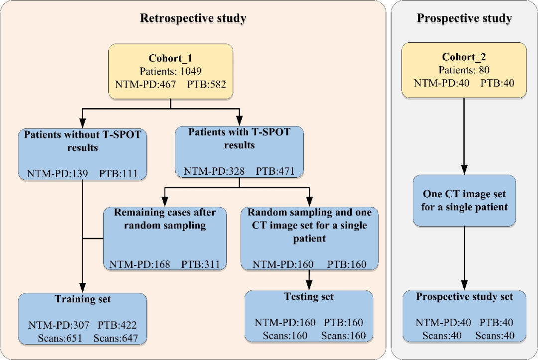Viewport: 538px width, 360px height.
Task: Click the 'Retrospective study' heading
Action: (x=193, y=18)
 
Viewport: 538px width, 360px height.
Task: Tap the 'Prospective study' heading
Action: (x=464, y=18)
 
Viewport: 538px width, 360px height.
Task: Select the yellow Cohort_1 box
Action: (x=170, y=71)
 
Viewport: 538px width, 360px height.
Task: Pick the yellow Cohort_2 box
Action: (x=464, y=70)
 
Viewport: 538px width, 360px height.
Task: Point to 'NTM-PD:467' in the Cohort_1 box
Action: (x=145, y=84)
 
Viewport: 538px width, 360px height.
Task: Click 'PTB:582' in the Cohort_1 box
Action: (x=207, y=84)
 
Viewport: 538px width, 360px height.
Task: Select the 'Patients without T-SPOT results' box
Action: (x=83, y=154)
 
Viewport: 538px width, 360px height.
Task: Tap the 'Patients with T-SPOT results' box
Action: (x=239, y=152)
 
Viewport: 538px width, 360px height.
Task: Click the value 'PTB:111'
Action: (x=118, y=174)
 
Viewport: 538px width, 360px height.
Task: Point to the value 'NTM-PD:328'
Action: (x=214, y=171)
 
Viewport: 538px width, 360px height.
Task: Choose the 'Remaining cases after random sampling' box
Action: (x=165, y=239)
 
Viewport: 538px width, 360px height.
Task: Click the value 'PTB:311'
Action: (x=200, y=264)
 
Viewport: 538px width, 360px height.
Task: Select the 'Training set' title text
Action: (x=83, y=299)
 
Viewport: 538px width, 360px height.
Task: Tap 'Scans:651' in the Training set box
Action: (x=60, y=339)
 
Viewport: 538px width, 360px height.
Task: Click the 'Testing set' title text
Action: (x=309, y=297)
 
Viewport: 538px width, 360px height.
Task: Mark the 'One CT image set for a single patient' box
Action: (x=464, y=201)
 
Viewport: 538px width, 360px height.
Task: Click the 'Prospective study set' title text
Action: (x=464, y=297)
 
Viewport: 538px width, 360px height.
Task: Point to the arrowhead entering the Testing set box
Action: (x=309, y=285)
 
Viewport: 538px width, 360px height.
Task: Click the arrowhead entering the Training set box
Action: (x=83, y=288)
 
